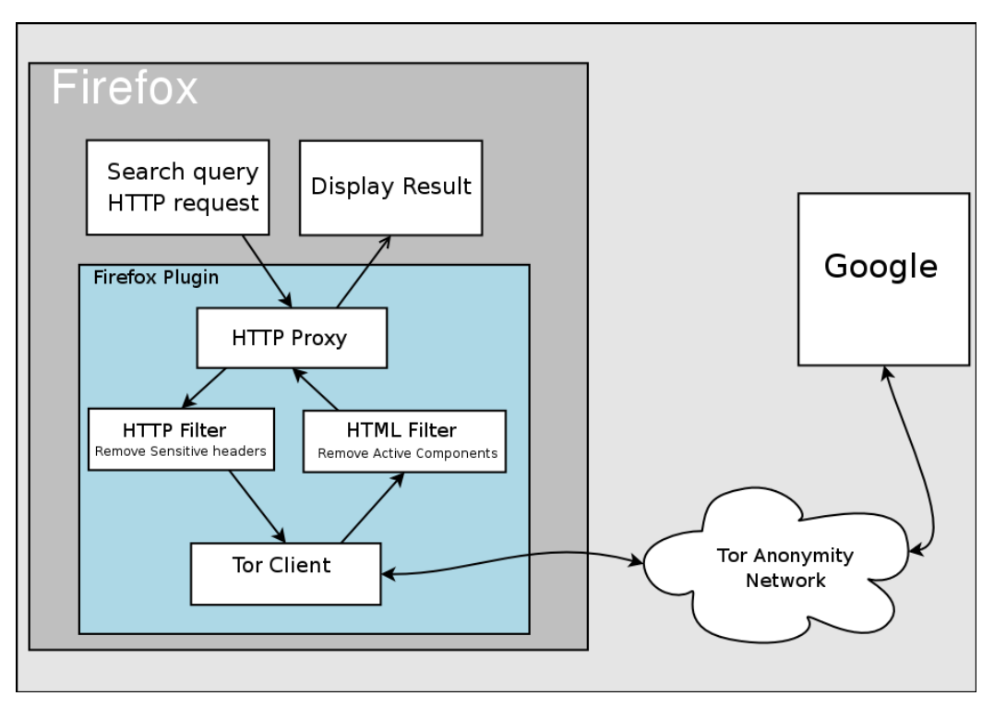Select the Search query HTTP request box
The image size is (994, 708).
[x=177, y=187]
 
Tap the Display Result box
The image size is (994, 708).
[x=390, y=186]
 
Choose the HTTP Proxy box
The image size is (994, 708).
[x=290, y=338]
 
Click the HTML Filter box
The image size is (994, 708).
[x=404, y=441]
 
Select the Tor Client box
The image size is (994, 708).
[x=285, y=573]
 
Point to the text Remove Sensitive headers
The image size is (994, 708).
[x=182, y=451]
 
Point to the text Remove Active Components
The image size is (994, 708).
[x=407, y=453]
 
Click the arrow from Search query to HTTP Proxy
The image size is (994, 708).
[x=268, y=270]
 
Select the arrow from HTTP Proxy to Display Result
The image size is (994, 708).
[x=363, y=271]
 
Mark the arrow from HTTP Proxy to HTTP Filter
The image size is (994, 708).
[x=206, y=388]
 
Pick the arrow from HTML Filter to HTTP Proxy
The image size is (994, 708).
[x=317, y=389]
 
